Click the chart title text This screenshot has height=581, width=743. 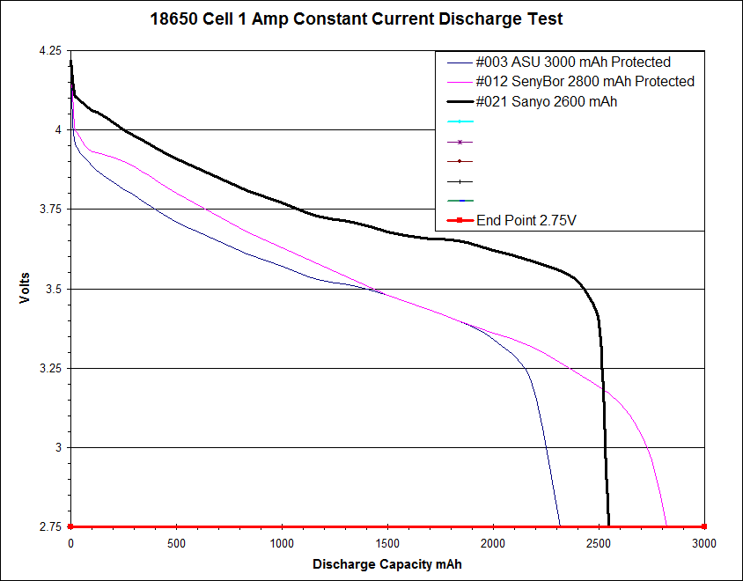click(357, 18)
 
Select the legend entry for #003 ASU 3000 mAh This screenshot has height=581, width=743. click(573, 63)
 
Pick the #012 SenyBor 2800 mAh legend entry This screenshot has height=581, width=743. click(585, 82)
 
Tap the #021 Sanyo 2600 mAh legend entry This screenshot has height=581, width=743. click(546, 102)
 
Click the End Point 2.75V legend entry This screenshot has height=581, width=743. click(526, 220)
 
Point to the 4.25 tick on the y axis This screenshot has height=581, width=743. click(50, 51)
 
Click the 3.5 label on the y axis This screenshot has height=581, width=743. click(56, 289)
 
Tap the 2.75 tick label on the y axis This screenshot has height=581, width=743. click(50, 527)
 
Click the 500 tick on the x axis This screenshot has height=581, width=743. click(176, 543)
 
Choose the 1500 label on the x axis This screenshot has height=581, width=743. click(387, 543)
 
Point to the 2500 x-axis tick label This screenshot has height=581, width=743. click(599, 543)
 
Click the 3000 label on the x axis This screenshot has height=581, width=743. click(703, 543)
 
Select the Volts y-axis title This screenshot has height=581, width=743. click(25, 289)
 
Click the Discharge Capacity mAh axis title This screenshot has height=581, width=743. click(386, 563)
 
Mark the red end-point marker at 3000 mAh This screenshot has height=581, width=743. click(703, 526)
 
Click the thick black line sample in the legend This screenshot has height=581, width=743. click(460, 102)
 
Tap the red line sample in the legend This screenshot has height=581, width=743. click(460, 220)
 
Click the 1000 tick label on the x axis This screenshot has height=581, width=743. click(282, 543)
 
